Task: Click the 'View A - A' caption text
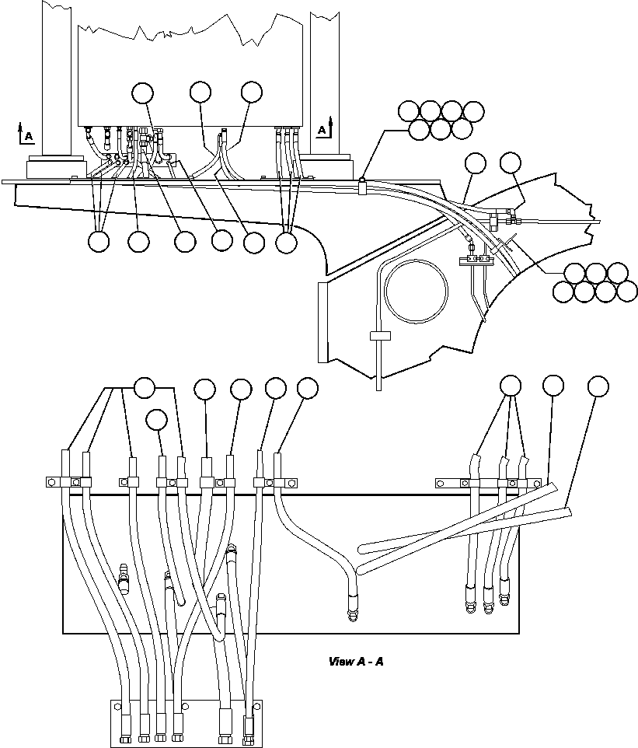(357, 662)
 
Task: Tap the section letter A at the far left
(29, 137)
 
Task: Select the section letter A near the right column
(322, 131)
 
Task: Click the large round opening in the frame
(417, 291)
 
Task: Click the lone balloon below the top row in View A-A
(157, 420)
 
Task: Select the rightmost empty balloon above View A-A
(598, 386)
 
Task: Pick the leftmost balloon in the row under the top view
(99, 242)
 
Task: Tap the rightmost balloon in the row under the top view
(287, 242)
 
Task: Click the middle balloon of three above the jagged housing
(200, 92)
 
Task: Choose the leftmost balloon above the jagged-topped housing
(142, 92)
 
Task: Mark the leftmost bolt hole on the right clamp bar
(441, 483)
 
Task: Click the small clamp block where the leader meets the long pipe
(363, 185)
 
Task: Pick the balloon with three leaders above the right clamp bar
(511, 386)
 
